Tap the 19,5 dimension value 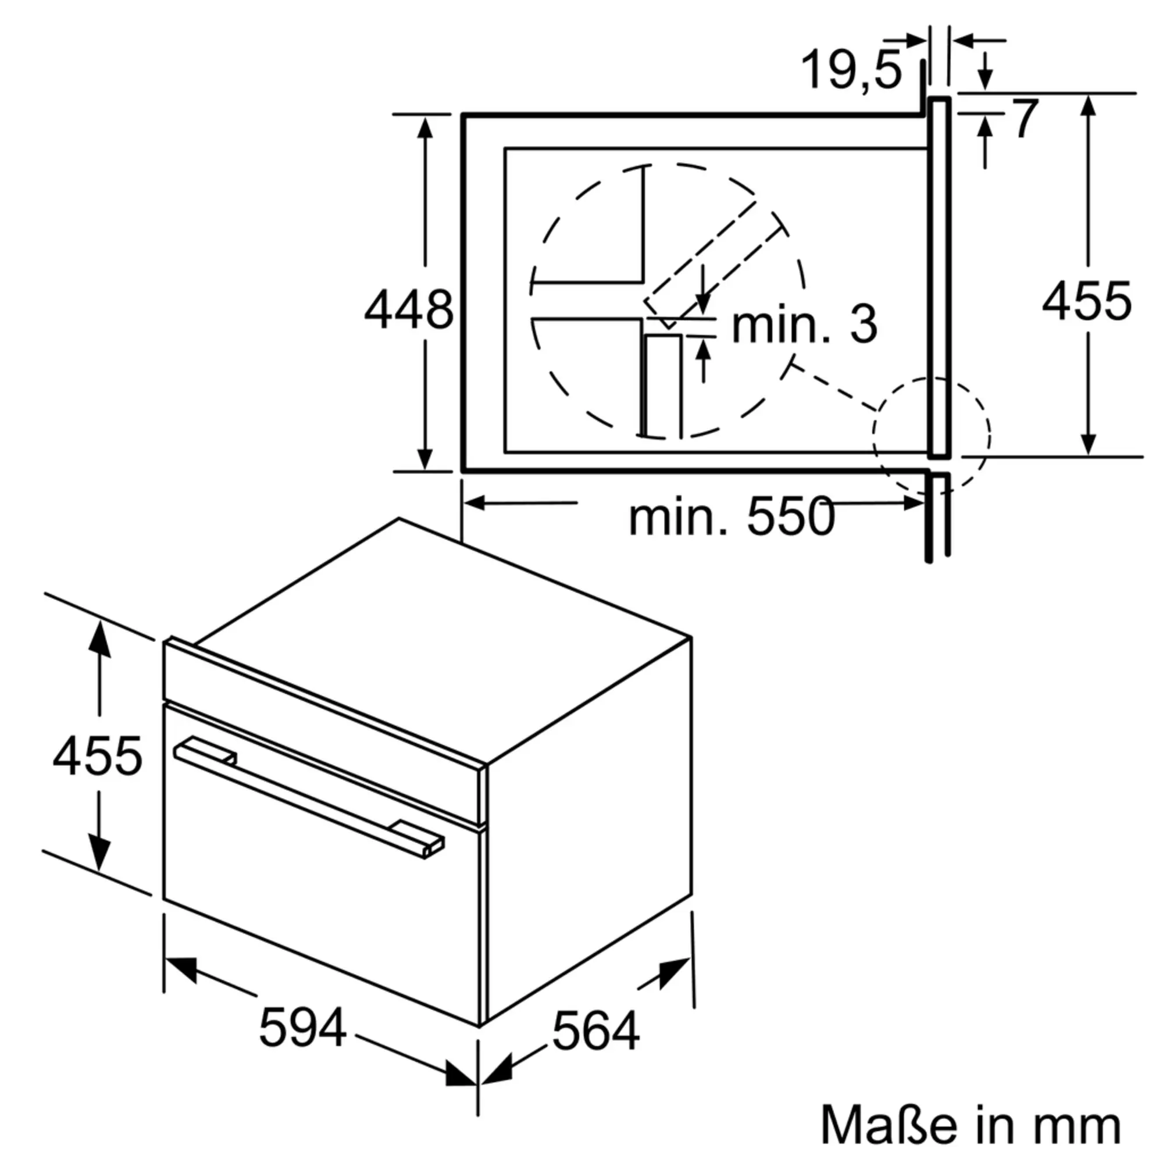point(852,70)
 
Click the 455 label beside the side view point(1087,301)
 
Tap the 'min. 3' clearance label point(805,324)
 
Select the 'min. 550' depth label point(732,516)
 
